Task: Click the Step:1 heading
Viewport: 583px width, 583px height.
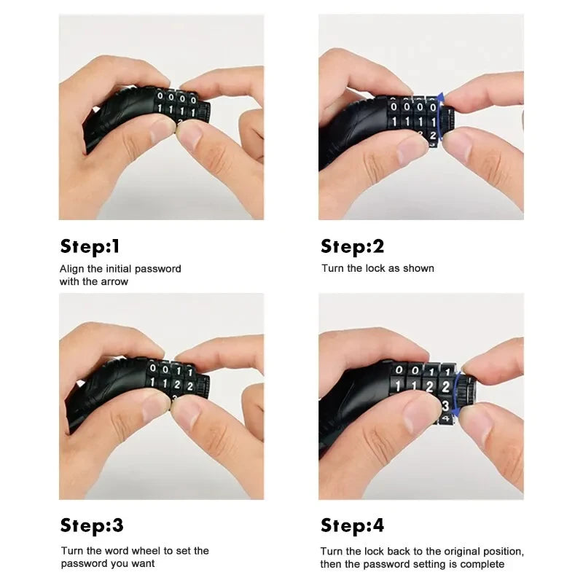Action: pos(90,246)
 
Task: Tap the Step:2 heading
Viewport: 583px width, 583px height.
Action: pos(352,246)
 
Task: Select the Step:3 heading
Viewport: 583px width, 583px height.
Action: pos(92,525)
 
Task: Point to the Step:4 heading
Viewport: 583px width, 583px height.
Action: pos(352,525)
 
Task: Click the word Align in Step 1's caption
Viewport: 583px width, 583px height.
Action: pos(71,269)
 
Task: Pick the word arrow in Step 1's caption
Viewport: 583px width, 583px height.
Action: pos(114,281)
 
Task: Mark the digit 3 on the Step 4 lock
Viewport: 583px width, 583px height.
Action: pos(445,405)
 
